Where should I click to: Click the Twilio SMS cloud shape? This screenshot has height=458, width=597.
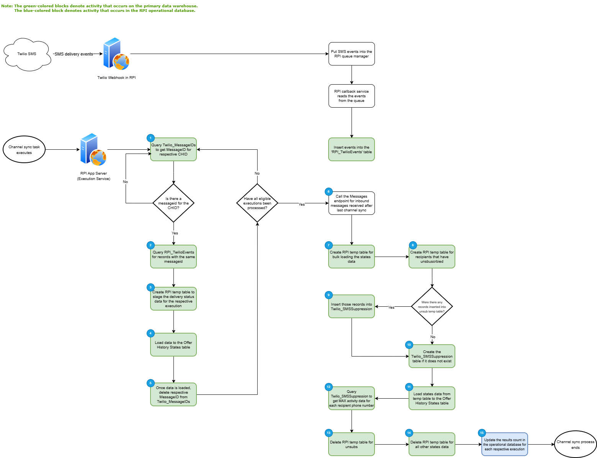point(27,54)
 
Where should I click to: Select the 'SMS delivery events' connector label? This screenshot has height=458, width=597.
point(74,54)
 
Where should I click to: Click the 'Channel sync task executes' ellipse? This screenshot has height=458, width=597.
point(24,149)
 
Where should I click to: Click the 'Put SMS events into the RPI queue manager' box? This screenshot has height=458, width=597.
point(352,54)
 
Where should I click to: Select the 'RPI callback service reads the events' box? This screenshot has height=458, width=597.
point(352,96)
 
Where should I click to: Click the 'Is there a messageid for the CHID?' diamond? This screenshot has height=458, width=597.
point(173,203)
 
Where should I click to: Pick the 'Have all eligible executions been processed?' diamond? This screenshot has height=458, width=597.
point(257,203)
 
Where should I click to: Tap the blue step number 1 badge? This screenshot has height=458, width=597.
point(150,138)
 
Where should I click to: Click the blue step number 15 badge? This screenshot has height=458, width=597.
point(482,433)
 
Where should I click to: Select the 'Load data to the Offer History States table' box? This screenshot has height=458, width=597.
point(173,345)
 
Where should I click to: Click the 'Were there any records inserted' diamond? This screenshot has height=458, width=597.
point(432,306)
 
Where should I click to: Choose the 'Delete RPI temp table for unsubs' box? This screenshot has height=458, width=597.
point(352,445)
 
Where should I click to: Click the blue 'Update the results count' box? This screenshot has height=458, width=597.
point(505,445)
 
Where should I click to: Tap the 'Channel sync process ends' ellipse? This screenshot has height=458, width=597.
point(575,444)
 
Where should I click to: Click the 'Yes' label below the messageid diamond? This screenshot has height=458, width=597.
point(175,233)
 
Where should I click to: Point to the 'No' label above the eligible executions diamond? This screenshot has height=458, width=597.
point(257,173)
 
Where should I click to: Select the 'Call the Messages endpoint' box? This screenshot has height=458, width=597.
point(352,203)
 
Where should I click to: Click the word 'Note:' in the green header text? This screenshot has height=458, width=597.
point(7,6)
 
